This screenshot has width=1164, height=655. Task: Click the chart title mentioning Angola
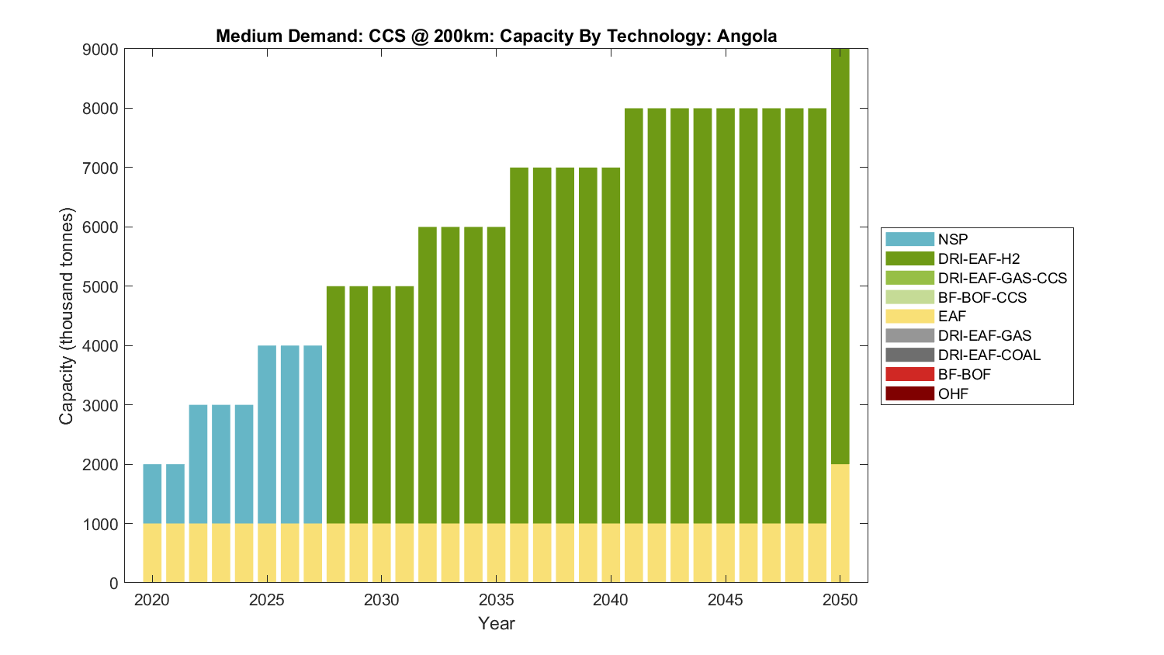[496, 36]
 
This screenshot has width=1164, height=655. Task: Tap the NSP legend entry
[953, 239]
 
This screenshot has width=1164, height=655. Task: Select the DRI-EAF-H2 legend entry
[979, 258]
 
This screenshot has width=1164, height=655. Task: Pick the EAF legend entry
[952, 317]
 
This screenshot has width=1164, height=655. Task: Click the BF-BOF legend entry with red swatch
[964, 374]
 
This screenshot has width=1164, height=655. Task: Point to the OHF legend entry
[953, 393]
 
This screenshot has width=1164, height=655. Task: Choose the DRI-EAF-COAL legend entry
[989, 355]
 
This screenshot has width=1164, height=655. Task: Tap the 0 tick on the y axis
[114, 584]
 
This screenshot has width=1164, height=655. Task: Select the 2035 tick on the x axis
[496, 600]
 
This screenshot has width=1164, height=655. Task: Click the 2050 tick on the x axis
[840, 600]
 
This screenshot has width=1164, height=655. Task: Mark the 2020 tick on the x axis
[152, 600]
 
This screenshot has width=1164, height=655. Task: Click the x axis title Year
[496, 623]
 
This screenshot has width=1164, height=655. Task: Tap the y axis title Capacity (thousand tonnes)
[67, 316]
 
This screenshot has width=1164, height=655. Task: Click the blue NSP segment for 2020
[152, 494]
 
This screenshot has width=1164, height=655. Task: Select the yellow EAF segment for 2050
[840, 523]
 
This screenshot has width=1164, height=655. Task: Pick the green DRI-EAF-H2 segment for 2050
[840, 256]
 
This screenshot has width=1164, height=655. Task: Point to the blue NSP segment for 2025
[267, 435]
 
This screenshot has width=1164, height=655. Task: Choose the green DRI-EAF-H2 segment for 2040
[611, 345]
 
